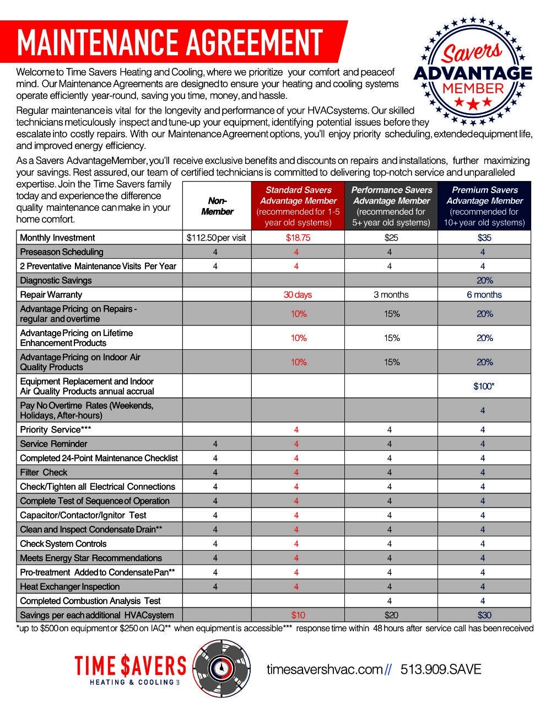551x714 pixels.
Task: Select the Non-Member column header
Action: click(217, 206)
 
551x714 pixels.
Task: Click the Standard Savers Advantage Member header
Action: click(298, 206)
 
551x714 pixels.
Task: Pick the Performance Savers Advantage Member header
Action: click(391, 206)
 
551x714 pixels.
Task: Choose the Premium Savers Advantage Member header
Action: click(484, 206)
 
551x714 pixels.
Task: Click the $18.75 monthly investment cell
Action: click(298, 238)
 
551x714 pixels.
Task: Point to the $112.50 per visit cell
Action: click(217, 238)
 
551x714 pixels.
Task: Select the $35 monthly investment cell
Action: click(484, 238)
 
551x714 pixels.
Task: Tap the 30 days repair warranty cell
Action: click(298, 295)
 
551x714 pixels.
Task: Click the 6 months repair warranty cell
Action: click(484, 295)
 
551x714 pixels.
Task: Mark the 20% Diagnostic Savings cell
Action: click(484, 280)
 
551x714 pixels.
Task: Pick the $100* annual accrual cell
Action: click(484, 386)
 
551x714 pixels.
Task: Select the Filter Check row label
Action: click(44, 472)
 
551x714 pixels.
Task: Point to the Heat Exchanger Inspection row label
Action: click(69, 587)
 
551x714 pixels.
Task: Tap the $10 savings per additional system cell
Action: click(298, 615)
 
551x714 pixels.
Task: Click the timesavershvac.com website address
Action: click(325, 669)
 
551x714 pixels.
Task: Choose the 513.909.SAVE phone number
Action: click(441, 669)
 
